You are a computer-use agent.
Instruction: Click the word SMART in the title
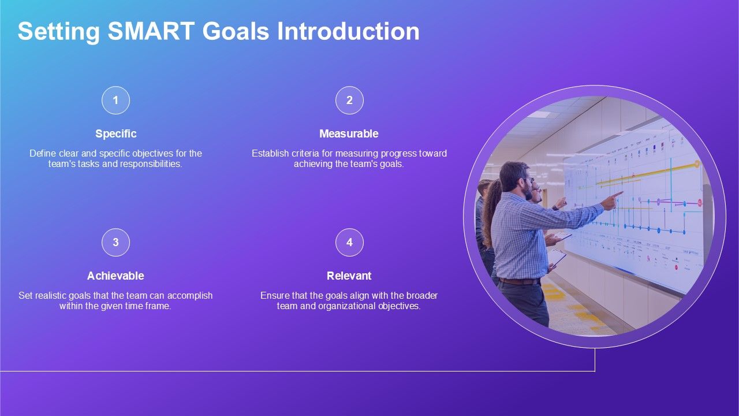point(151,31)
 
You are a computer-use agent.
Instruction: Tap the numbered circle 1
point(115,101)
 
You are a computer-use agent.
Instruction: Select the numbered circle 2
point(349,101)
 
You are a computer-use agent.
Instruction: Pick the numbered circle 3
point(115,242)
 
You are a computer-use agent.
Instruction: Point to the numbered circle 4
point(349,242)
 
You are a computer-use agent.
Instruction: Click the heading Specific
point(116,133)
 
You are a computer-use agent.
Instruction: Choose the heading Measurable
point(349,133)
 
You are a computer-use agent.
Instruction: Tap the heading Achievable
point(115,276)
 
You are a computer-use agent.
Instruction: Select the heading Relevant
point(349,276)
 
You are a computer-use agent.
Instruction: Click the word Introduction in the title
point(348,31)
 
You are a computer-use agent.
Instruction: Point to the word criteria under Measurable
point(305,154)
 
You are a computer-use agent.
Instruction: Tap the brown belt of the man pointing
point(519,281)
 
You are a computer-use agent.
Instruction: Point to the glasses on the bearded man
point(528,180)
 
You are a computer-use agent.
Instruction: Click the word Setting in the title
point(59,32)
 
